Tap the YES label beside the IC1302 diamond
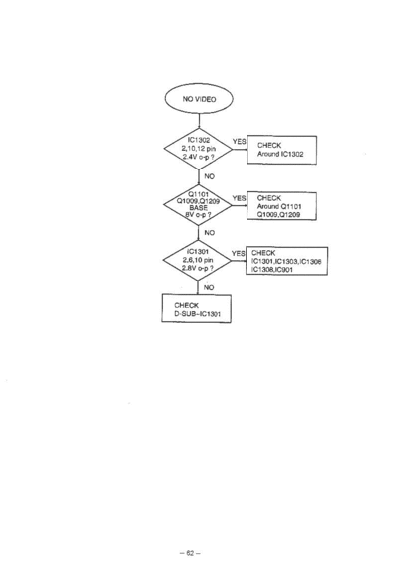[x=240, y=141]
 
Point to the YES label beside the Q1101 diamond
[x=239, y=198]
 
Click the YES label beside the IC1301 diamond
[x=239, y=253]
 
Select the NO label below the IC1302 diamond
[x=210, y=176]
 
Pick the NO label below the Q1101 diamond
[x=210, y=233]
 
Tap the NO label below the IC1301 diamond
[x=209, y=287]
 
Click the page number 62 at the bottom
[x=190, y=553]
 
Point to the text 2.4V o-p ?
[x=198, y=157]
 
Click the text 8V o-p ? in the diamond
[x=198, y=215]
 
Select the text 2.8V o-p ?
[x=198, y=268]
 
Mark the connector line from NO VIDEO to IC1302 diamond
[x=199, y=121]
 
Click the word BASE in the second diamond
[x=198, y=208]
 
